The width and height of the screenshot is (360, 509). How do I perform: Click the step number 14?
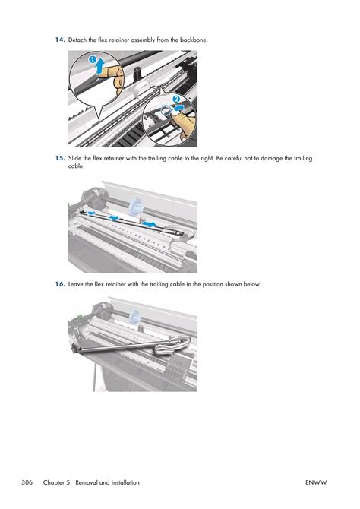(x=60, y=40)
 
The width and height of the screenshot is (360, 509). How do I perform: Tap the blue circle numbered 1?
(x=93, y=60)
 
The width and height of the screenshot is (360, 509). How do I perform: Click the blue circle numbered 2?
(x=176, y=100)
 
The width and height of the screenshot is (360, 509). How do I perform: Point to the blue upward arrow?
(x=101, y=66)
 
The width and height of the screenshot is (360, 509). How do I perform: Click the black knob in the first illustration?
(x=137, y=73)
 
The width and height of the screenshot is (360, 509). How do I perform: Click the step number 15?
(x=60, y=159)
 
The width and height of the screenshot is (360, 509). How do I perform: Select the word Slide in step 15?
(x=74, y=159)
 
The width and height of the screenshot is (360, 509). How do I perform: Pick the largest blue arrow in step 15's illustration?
(x=149, y=224)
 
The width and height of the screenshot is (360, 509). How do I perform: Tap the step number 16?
(x=60, y=284)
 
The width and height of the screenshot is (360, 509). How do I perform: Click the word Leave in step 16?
(x=76, y=284)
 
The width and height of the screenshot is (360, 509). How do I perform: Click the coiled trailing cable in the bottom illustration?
(x=172, y=346)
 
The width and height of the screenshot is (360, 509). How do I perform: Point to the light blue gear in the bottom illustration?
(x=134, y=318)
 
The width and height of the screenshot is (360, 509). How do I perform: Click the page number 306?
(x=27, y=482)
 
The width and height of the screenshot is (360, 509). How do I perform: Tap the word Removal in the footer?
(x=87, y=482)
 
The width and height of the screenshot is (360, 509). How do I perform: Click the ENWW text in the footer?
(x=316, y=482)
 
